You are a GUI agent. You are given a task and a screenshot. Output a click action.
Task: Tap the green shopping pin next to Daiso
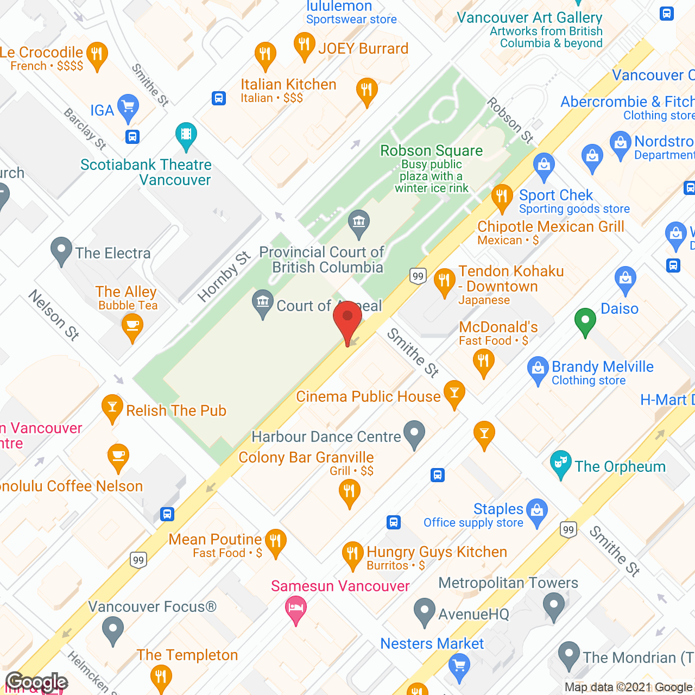coord(585,322)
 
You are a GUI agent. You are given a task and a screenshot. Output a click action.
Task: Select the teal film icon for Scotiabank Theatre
coord(186,136)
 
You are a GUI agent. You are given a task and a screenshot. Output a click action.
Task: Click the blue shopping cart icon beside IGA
coord(128,109)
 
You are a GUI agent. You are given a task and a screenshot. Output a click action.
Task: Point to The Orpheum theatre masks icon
coord(560,464)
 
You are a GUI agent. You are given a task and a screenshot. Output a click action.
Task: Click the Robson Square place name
coord(431,150)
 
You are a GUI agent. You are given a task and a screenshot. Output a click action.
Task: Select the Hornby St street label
coord(224,276)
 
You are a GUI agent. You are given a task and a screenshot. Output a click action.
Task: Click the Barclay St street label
coord(85,129)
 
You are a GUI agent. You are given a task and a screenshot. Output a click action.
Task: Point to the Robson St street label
coord(510,120)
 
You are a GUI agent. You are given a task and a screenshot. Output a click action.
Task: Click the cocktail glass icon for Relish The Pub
coord(112,408)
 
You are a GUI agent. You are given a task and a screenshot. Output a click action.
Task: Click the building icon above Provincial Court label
coord(358,223)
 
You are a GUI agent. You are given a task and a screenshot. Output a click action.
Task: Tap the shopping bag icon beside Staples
coord(537,512)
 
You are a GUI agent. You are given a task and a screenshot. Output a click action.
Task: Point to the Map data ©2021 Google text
coord(628,687)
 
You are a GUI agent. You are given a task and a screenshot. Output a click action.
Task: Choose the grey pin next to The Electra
coord(61,251)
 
